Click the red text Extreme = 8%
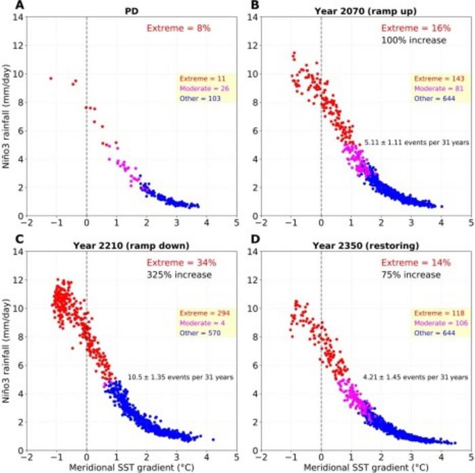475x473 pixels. [x=177, y=29]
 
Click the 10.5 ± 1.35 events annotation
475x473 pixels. [x=180, y=377]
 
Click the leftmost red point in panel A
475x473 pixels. [x=50, y=79]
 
